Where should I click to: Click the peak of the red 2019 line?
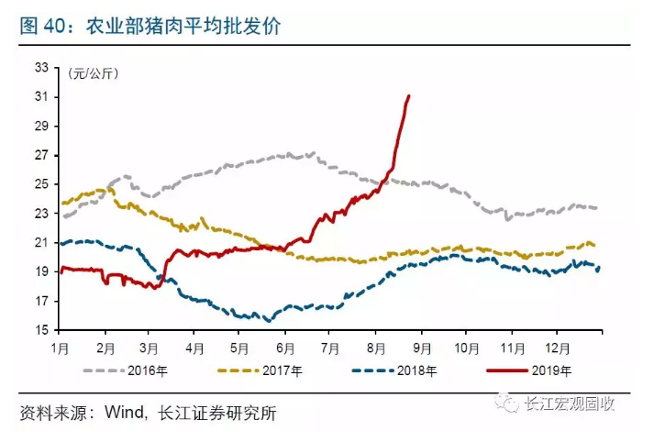(x=408, y=95)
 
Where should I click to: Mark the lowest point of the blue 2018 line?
(x=268, y=321)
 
